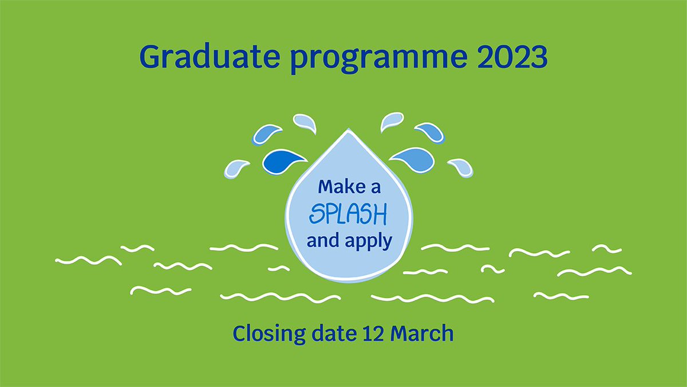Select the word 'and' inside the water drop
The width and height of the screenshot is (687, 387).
[x=322, y=241]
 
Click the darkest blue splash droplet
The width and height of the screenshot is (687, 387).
[x=283, y=161]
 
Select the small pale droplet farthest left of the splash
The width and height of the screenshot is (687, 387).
[x=236, y=168]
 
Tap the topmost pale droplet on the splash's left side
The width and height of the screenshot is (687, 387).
[x=304, y=122]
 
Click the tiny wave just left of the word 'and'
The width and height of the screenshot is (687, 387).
[x=279, y=268]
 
